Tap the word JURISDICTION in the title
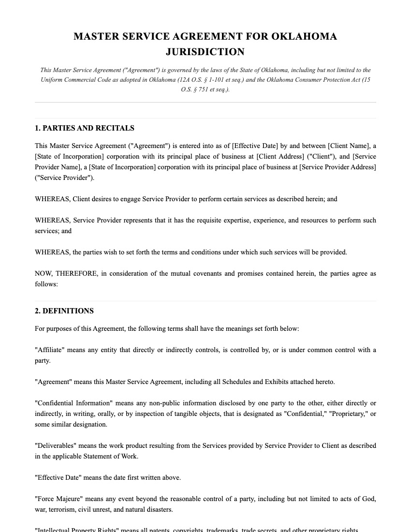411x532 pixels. [x=205, y=52]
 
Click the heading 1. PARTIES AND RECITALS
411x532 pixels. [x=85, y=128]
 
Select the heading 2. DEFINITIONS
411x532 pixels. [x=64, y=311]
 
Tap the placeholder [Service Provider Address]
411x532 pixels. [x=338, y=167]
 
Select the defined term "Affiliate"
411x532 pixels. [x=50, y=350]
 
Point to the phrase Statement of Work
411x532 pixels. [x=111, y=456]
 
